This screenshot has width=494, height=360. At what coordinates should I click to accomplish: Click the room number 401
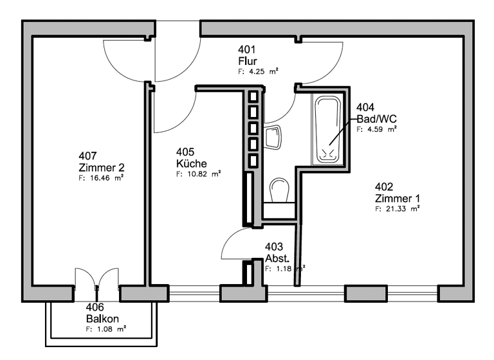coord(247,50)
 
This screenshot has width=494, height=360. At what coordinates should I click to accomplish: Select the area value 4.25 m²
coord(258,72)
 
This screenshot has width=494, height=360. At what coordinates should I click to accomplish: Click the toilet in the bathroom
coord(280,191)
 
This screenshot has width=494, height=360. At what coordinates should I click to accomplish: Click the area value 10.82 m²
coord(198,174)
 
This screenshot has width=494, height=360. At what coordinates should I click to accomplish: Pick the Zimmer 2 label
coord(97,166)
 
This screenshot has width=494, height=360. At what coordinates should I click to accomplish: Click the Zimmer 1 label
coord(397,197)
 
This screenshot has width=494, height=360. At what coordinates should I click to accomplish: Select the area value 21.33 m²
coord(398,209)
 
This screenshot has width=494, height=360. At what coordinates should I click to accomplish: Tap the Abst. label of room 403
coord(277,258)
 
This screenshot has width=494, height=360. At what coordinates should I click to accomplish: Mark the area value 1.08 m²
coord(105,329)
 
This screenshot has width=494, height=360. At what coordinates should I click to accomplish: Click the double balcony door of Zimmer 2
coord(96,283)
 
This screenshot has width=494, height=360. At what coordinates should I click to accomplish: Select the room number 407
coord(87,156)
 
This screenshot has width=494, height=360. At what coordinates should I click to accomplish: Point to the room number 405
coord(185,152)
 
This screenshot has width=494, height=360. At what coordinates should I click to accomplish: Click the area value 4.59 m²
coord(376,129)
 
